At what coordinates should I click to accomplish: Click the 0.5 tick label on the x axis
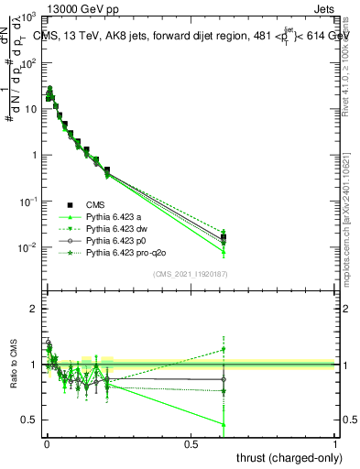tap(191, 443)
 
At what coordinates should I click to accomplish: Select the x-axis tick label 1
tap(335, 443)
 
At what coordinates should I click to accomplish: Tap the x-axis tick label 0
tap(46, 443)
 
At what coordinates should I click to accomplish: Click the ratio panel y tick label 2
tap(34, 310)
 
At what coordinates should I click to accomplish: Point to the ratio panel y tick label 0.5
tap(29, 420)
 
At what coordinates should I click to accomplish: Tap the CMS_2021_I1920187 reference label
tap(190, 274)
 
